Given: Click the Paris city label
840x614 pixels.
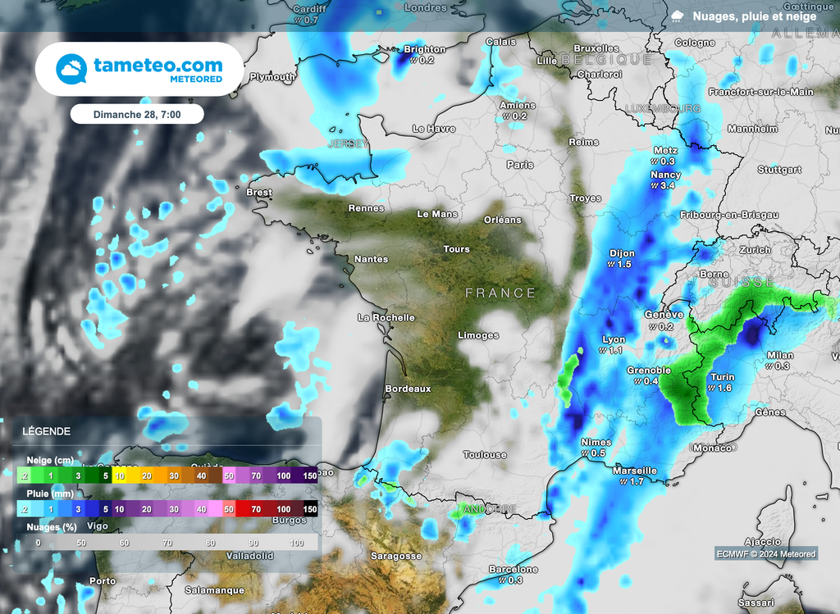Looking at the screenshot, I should click(x=520, y=165).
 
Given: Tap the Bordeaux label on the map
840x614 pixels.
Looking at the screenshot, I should click(x=408, y=389).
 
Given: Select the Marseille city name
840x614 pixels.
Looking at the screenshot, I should click(x=635, y=471).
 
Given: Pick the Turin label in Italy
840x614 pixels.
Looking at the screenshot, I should click(x=723, y=377).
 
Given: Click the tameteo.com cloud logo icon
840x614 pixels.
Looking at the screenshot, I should click(x=71, y=69).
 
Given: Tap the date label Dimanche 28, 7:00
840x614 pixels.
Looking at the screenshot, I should click(x=137, y=114).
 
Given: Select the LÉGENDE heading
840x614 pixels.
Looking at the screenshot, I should click(x=46, y=431).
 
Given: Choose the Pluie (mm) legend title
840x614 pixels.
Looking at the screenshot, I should click(x=50, y=493).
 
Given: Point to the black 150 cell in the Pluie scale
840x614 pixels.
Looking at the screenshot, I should click(x=309, y=509).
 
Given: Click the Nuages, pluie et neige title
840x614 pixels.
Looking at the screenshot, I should click(x=754, y=16).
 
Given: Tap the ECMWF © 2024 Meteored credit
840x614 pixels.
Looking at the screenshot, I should click(x=765, y=554).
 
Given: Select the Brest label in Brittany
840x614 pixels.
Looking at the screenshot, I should click(x=259, y=193).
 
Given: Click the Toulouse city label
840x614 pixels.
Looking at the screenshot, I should click(x=485, y=455).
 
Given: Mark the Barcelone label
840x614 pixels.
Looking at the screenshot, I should click(x=514, y=569).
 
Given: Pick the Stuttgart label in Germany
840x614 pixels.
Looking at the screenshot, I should click(x=779, y=170).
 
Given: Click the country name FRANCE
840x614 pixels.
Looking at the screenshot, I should click(x=500, y=293).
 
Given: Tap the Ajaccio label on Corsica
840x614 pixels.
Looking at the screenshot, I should click(x=762, y=542).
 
